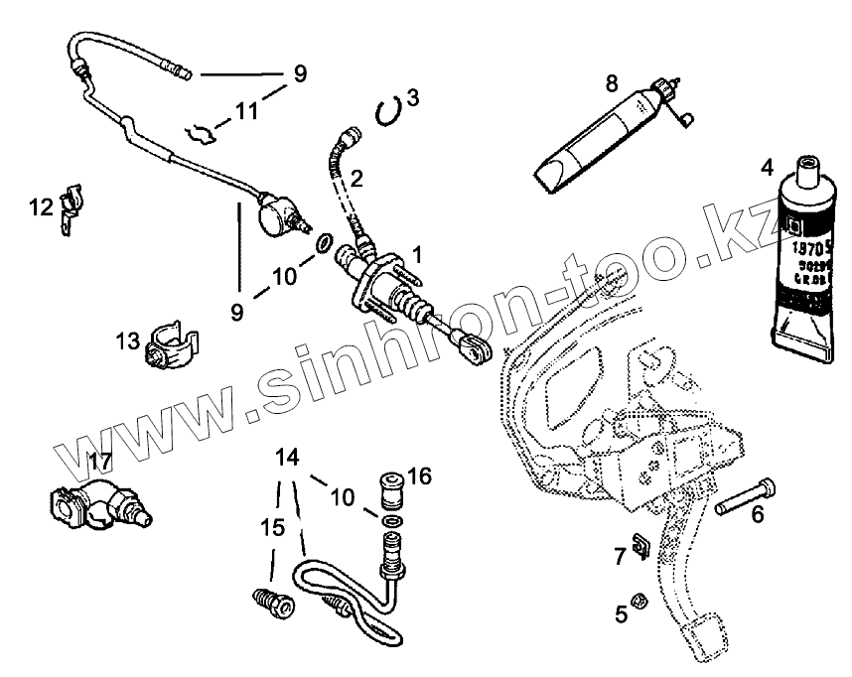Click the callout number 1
point(418,254)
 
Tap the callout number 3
point(413,97)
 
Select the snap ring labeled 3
point(389,109)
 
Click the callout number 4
point(767,166)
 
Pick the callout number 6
point(757,514)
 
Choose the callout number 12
point(41,207)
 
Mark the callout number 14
point(286,458)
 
